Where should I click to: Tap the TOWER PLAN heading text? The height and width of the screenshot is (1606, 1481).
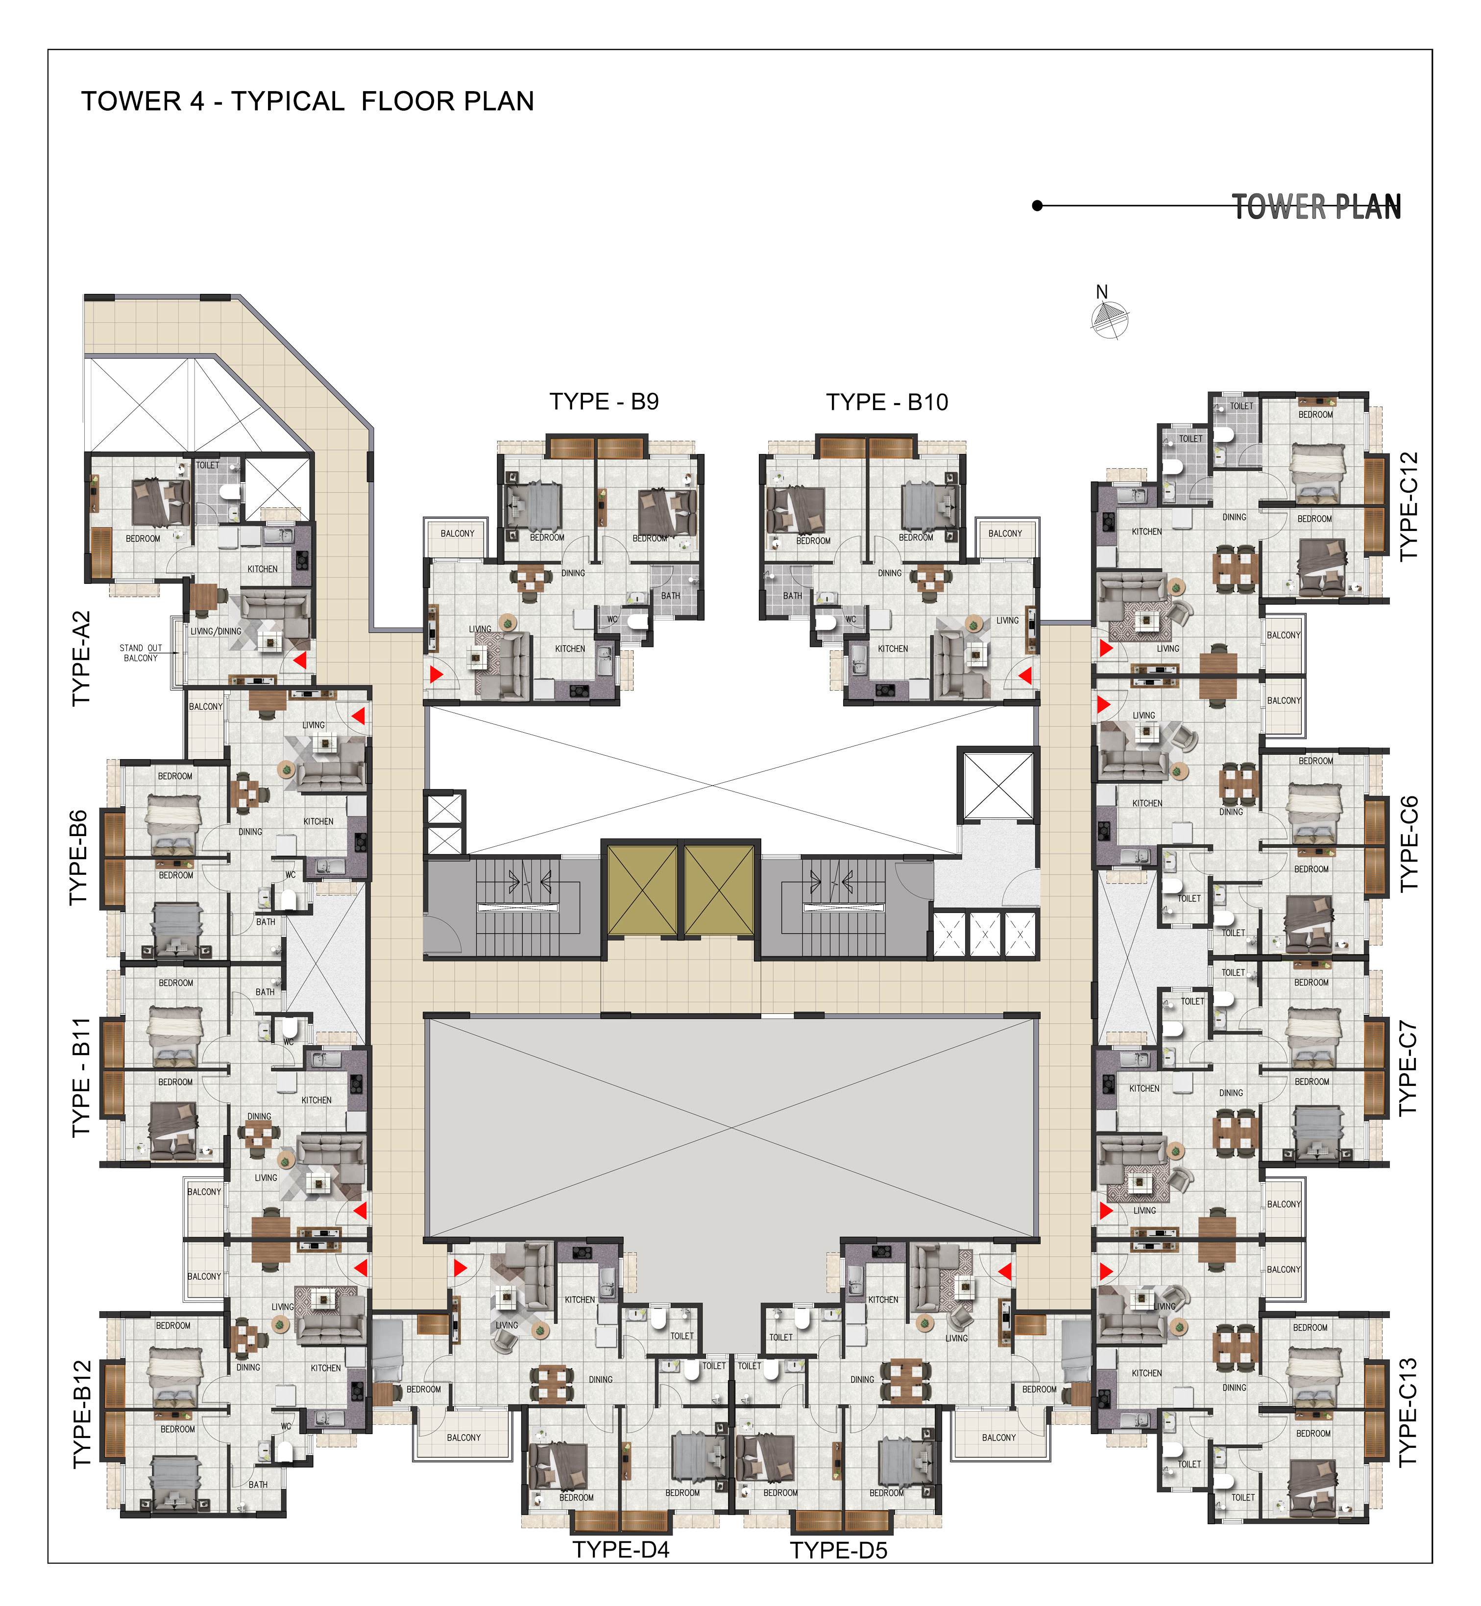(1317, 207)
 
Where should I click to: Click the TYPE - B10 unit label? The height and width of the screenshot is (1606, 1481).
(887, 402)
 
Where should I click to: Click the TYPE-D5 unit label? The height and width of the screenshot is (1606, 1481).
(839, 1551)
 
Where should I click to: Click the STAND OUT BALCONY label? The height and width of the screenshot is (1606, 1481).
(141, 653)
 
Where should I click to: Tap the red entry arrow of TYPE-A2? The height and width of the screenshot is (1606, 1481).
(300, 660)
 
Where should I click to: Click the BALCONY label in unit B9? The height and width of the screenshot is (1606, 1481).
(458, 533)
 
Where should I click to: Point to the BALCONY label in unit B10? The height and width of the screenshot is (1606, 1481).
(1005, 533)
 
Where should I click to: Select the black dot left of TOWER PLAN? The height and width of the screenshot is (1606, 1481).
(1037, 206)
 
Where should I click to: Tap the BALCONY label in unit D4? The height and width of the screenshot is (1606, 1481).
(464, 1438)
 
